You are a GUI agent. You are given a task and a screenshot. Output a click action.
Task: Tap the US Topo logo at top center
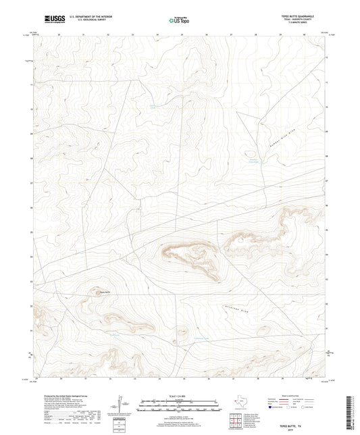[178, 21]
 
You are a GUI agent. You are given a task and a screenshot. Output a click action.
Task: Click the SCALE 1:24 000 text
[180, 394]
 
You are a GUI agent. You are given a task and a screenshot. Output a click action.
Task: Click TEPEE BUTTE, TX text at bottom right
[301, 416]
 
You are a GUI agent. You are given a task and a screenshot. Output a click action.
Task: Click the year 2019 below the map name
[301, 420]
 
